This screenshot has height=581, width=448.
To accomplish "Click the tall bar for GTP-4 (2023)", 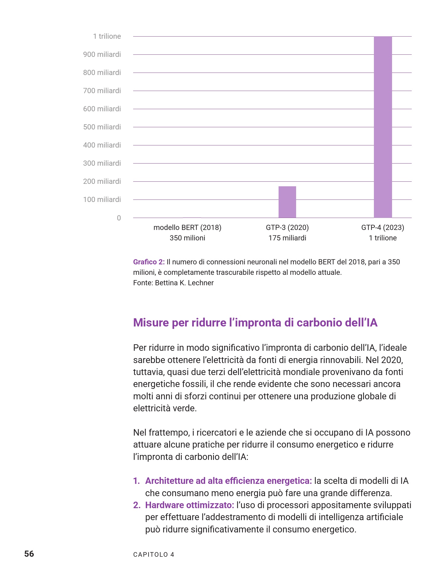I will [383, 127].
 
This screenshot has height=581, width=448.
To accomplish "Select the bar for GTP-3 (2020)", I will [287, 202].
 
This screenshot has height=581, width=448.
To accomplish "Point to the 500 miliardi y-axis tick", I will [102, 127].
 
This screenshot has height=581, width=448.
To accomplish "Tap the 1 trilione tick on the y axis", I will [107, 36].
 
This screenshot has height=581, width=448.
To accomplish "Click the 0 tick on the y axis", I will [119, 218].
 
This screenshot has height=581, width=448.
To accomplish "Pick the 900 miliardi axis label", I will [102, 54].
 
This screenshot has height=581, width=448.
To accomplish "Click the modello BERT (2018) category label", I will [187, 227].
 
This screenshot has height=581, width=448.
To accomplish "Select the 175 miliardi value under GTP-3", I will [287, 238].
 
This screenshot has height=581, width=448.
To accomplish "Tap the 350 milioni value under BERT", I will [187, 238].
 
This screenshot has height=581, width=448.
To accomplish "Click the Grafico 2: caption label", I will [149, 262].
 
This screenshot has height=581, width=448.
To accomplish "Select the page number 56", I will [29, 554].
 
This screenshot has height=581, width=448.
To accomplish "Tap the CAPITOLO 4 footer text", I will [154, 555].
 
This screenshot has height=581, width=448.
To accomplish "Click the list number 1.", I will [136, 481].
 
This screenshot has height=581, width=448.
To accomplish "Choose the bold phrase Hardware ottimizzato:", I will [190, 505].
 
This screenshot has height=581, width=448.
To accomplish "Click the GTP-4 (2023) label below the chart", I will [383, 227].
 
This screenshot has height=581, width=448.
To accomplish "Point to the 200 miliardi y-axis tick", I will [102, 181].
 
